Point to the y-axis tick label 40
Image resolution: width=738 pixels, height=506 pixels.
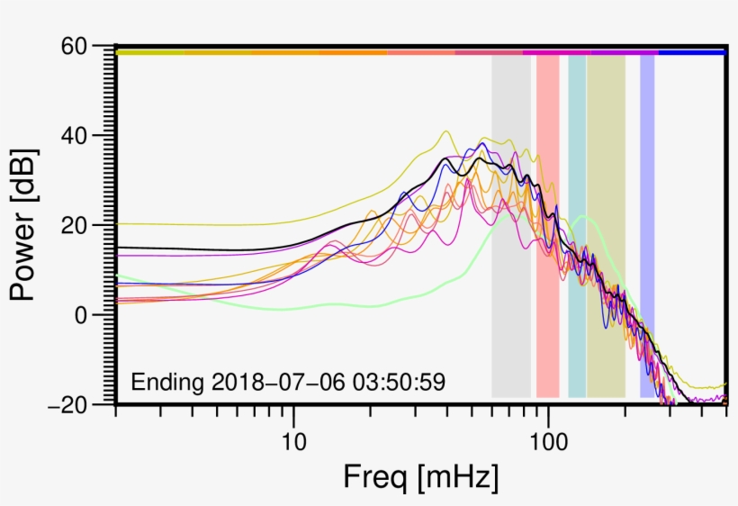81,136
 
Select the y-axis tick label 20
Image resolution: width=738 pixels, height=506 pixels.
81,225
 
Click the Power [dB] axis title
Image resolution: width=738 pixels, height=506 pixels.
27,225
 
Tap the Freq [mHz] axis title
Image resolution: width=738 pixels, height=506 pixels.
421,476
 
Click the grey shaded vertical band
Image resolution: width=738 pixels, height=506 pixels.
510,225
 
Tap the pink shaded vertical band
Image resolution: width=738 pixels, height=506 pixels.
548,225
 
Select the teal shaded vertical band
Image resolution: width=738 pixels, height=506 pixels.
577,225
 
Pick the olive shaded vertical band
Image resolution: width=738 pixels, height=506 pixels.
606,225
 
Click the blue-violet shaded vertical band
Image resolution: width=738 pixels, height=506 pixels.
647,225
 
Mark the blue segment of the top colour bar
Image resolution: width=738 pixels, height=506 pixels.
692,52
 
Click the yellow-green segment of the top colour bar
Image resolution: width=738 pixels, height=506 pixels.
149,52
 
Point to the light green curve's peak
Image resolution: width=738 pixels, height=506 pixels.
583,216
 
